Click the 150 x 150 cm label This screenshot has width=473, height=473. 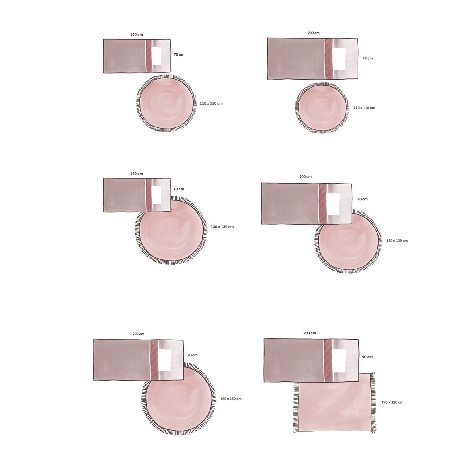point(231,399)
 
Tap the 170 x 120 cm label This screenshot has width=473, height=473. point(392,402)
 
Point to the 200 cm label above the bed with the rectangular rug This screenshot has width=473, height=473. point(310,333)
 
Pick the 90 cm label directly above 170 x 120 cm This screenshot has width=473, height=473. point(367,357)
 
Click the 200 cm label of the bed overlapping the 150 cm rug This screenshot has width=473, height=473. point(138,334)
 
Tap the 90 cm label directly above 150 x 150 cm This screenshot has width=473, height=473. point(192,355)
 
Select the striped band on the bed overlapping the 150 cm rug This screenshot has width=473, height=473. point(154,360)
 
